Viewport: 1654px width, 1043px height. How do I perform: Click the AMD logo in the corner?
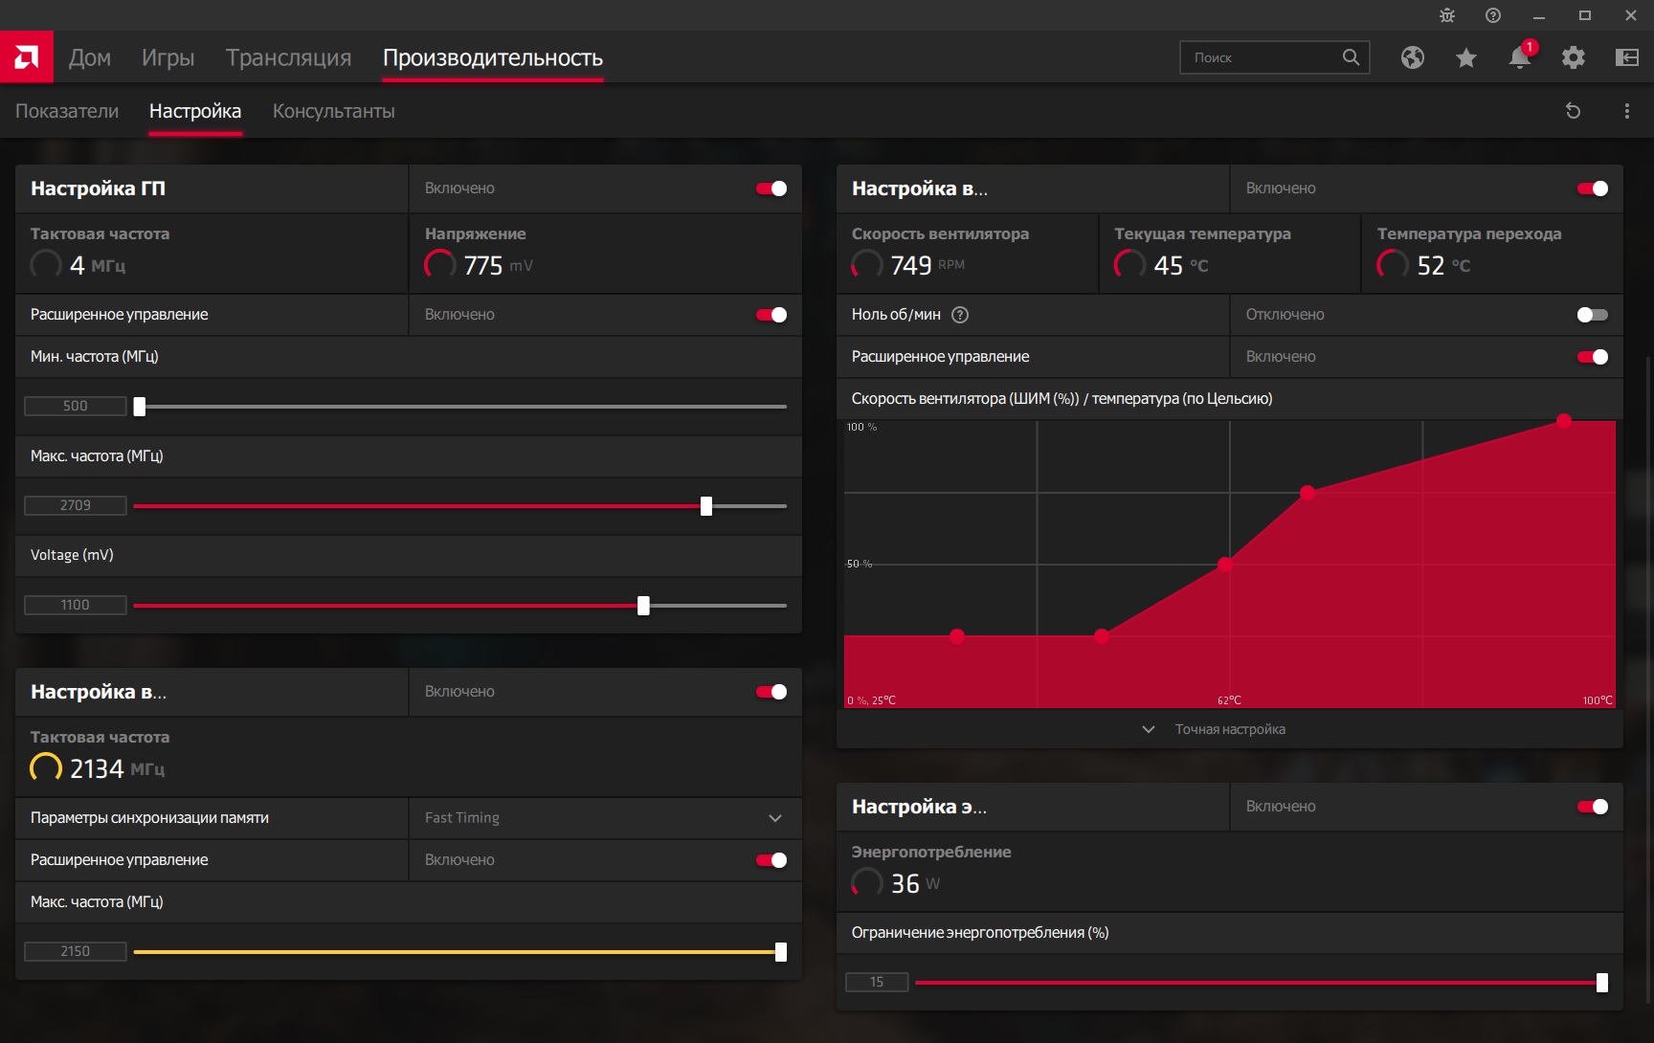[27, 57]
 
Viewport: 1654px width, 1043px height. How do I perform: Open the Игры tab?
[168, 57]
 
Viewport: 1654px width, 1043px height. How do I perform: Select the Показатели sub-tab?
[67, 111]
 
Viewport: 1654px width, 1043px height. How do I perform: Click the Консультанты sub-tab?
[334, 111]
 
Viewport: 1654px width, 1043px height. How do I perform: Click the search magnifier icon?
[1351, 57]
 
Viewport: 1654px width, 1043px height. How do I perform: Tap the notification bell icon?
[1520, 57]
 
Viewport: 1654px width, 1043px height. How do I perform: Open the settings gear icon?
[1574, 57]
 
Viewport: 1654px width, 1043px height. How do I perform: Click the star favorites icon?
[1466, 58]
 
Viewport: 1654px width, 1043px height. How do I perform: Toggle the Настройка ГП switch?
[771, 189]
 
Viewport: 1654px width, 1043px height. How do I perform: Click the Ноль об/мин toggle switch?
[1593, 315]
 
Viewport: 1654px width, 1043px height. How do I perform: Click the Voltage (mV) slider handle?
[643, 606]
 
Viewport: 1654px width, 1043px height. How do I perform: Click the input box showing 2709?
[76, 505]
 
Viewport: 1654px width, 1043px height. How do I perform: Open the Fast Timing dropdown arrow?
[775, 818]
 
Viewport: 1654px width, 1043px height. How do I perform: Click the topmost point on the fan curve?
[1564, 420]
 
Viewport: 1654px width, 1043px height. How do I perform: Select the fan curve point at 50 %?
[1225, 565]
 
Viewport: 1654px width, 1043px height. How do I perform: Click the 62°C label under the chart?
[1229, 700]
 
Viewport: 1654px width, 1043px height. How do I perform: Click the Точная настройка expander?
[1214, 729]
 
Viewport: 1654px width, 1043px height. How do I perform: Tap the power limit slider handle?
[1602, 983]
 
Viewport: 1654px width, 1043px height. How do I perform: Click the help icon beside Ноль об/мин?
[960, 315]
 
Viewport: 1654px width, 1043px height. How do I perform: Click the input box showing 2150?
[76, 951]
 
